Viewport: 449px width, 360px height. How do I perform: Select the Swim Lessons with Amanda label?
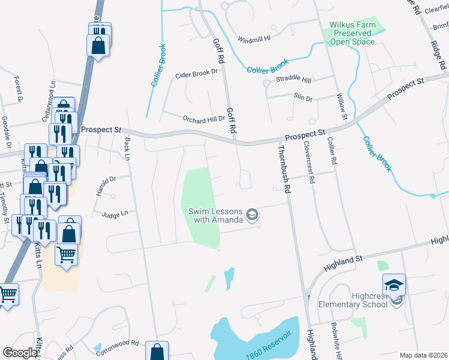point(215,215)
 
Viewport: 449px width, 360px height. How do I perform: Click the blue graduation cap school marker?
point(394,284)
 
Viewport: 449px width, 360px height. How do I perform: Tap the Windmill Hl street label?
point(255,37)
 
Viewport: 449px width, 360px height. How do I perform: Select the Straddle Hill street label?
point(294,80)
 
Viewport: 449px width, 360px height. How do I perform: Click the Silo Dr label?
point(303,98)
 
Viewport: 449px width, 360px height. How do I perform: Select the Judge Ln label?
point(115,214)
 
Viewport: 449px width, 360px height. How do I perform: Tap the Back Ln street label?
point(127,150)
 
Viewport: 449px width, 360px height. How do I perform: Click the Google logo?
point(20,353)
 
